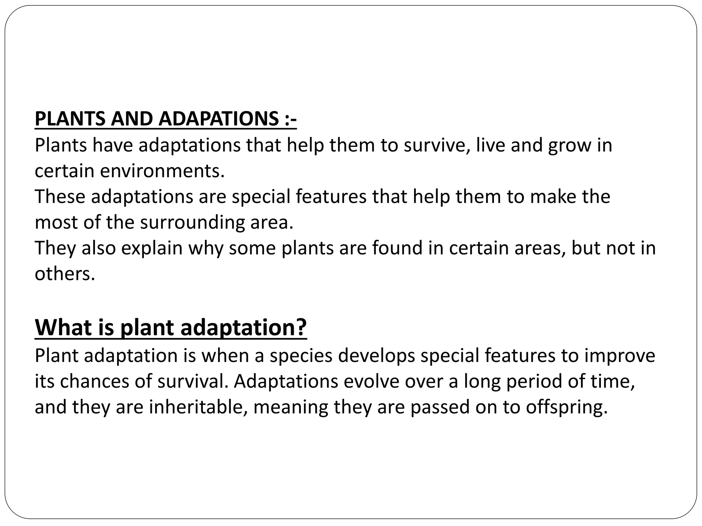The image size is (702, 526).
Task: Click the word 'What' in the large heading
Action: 63,327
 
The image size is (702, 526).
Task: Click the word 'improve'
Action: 619,356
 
